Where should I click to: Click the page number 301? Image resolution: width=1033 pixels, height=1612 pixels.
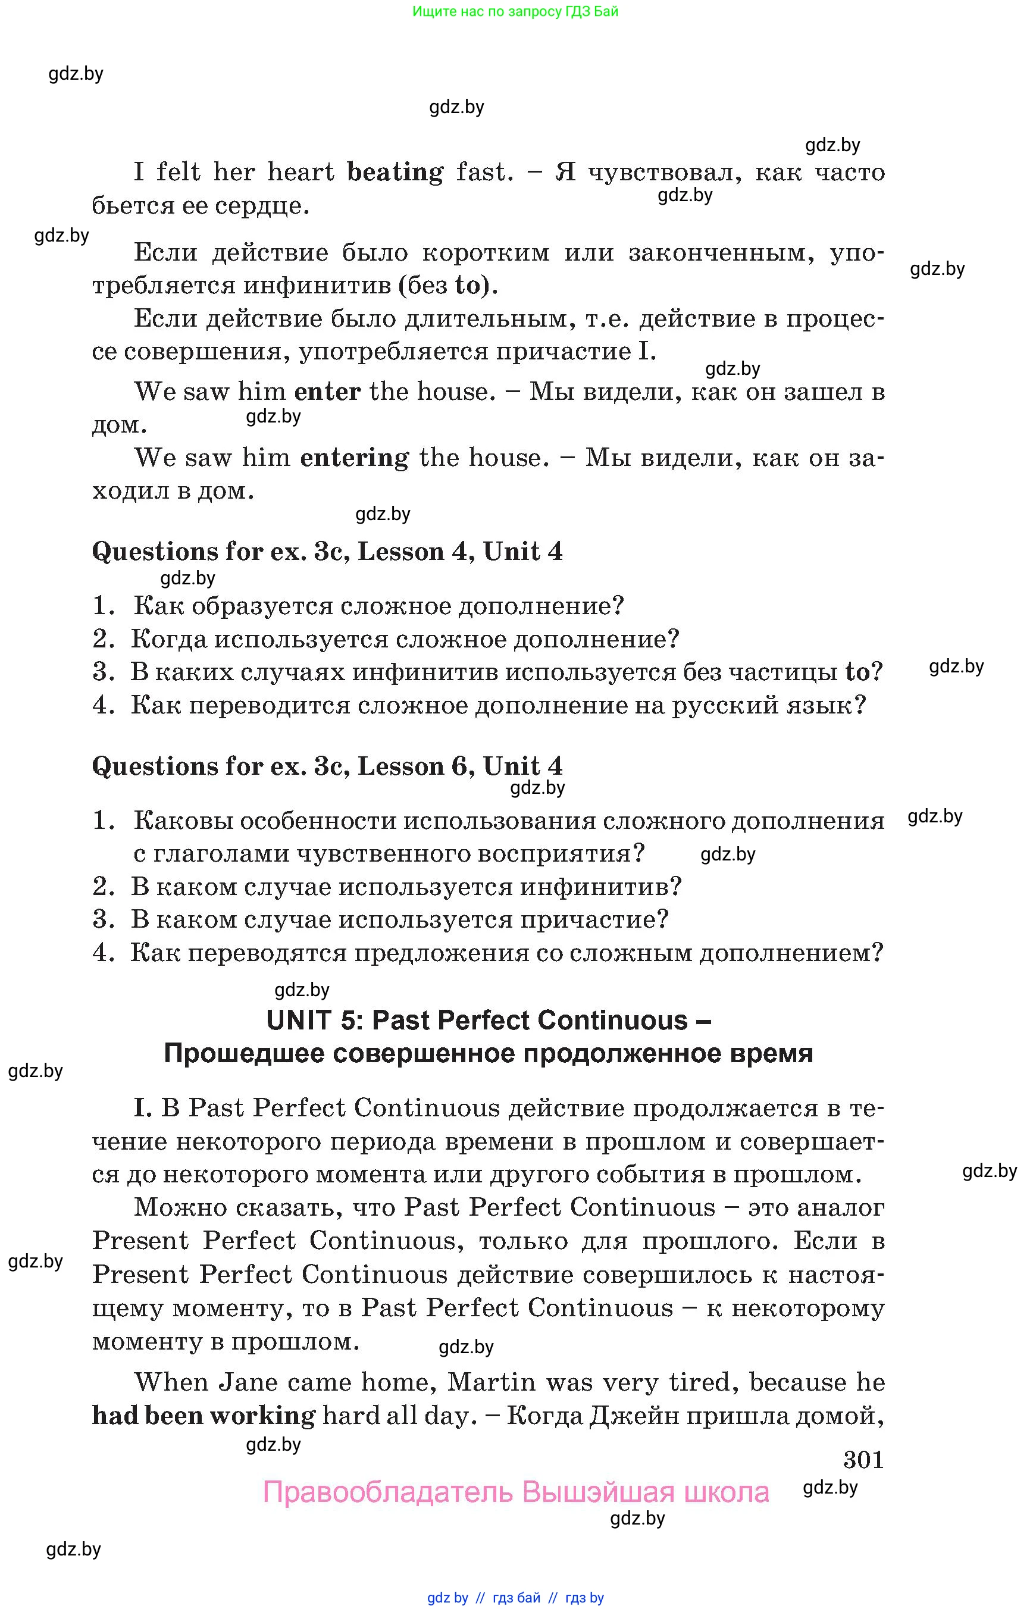[863, 1460]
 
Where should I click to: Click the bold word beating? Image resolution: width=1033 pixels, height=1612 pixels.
[395, 173]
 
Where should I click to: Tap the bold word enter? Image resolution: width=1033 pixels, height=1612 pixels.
[327, 391]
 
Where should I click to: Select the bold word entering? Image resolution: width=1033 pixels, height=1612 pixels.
[354, 458]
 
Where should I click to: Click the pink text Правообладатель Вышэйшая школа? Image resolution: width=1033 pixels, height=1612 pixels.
[515, 1492]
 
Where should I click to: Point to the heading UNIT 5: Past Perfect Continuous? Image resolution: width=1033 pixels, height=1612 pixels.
[489, 1021]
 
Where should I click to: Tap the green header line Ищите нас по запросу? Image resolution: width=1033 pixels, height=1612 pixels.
[515, 11]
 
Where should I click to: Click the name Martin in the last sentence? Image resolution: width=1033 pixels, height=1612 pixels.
[491, 1382]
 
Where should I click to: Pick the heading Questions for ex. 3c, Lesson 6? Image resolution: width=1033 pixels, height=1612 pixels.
[327, 766]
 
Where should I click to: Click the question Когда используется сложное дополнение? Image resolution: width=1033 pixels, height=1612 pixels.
[405, 638]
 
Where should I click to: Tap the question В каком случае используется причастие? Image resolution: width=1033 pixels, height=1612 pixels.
[400, 919]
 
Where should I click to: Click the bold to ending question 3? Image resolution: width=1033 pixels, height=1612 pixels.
[857, 671]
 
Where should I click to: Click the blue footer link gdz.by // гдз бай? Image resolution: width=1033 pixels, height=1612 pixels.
[515, 1597]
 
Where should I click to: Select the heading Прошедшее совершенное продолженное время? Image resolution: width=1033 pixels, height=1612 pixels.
[489, 1053]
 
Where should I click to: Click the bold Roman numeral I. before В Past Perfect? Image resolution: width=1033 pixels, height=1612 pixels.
[143, 1107]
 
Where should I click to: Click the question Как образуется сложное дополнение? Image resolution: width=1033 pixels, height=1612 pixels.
[378, 606]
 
